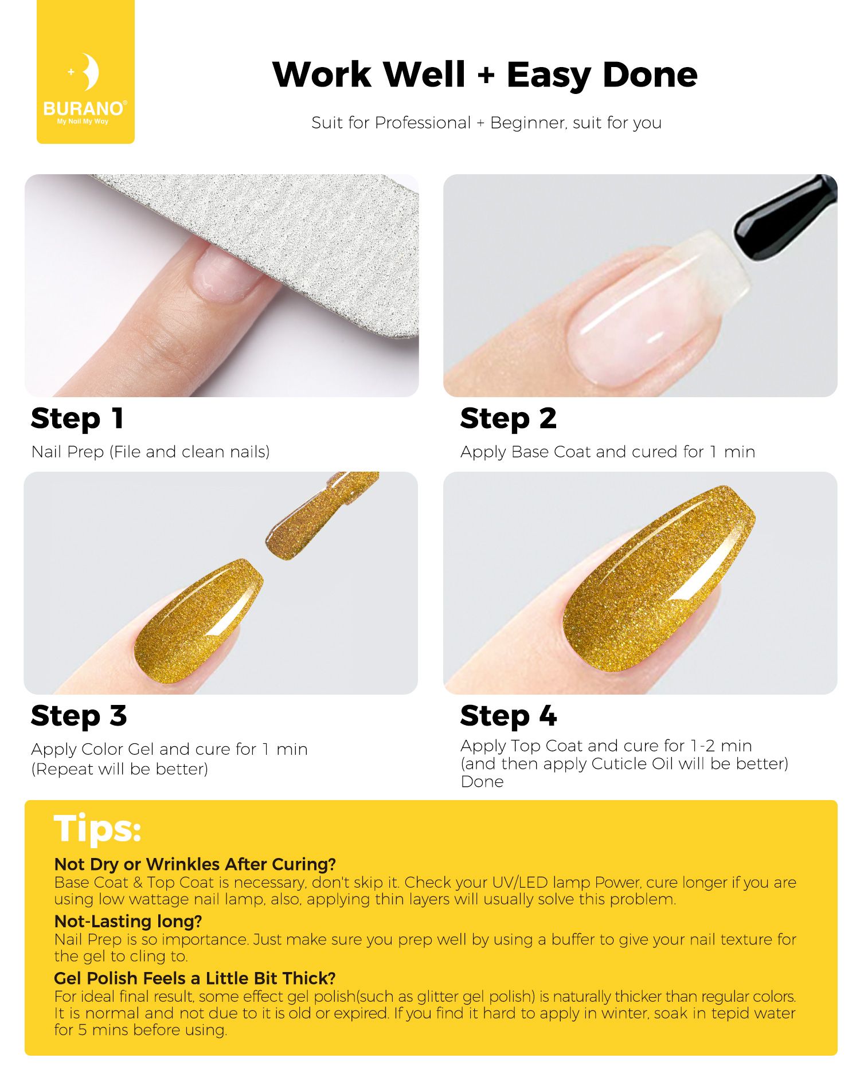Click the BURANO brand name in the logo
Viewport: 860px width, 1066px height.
(x=84, y=108)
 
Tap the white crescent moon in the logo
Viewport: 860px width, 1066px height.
(x=89, y=72)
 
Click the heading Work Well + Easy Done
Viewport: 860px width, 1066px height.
(x=485, y=75)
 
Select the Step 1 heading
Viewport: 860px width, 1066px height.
(x=77, y=419)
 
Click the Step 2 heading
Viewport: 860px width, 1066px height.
(x=509, y=419)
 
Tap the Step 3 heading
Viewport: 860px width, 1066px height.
(x=79, y=716)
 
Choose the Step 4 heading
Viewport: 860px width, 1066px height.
(x=509, y=716)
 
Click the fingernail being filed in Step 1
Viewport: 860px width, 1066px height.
(x=226, y=275)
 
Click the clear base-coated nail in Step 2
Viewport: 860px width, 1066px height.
(x=648, y=309)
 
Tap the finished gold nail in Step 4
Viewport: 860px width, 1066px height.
(x=659, y=579)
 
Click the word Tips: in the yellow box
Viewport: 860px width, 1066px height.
(x=97, y=829)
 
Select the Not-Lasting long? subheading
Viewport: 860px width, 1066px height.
(x=128, y=922)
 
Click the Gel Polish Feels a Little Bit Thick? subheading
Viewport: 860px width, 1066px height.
(x=195, y=978)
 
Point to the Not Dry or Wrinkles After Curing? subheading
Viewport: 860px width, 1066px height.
(x=195, y=864)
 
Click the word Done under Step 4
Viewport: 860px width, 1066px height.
(x=482, y=782)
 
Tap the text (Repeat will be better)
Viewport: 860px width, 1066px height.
(x=120, y=769)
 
